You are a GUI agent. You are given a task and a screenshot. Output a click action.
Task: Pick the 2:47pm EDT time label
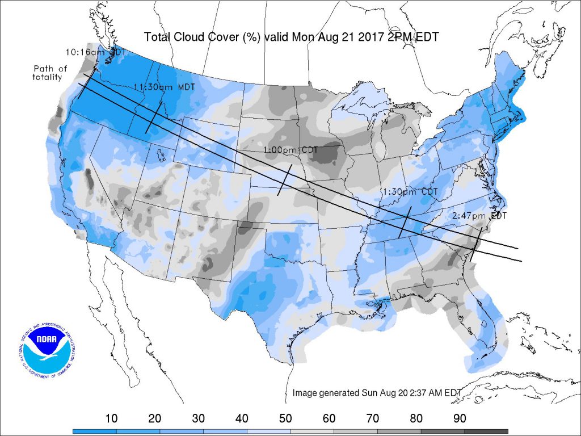pyautogui.click(x=479, y=216)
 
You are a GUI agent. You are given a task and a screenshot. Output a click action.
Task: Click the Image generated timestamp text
pyautogui.click(x=377, y=393)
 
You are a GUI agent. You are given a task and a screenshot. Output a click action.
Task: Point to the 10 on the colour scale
pyautogui.click(x=112, y=419)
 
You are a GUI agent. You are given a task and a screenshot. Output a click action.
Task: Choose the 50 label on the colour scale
pyautogui.click(x=285, y=419)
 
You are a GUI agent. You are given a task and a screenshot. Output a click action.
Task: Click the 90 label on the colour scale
pyautogui.click(x=460, y=419)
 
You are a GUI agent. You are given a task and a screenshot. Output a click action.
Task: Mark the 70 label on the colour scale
pyautogui.click(x=373, y=419)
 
